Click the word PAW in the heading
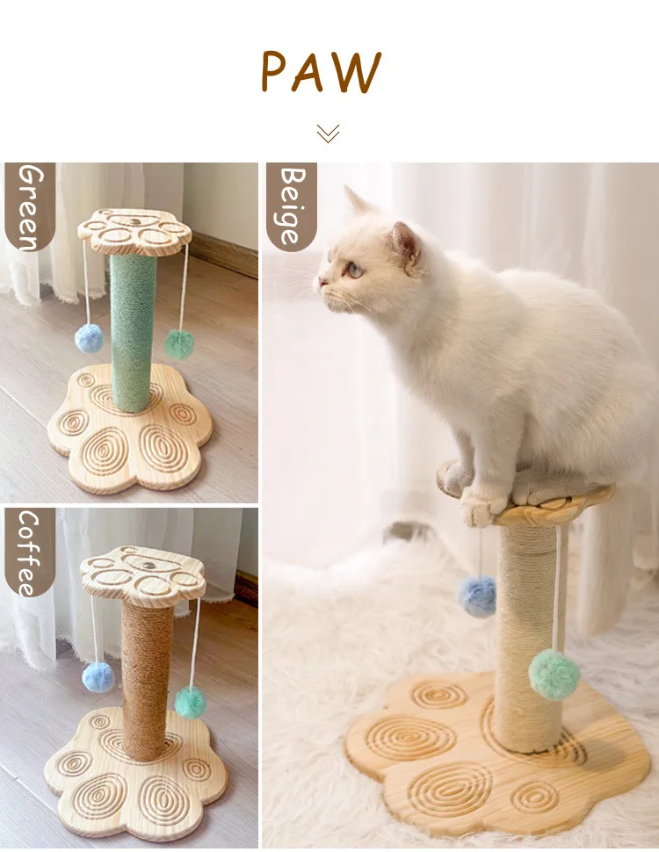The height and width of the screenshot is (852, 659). tap(321, 71)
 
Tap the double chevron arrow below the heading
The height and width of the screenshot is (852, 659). tap(328, 134)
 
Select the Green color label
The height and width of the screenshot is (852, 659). tap(30, 207)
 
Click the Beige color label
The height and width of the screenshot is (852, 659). tap(292, 207)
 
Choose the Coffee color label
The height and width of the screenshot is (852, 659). tap(30, 552)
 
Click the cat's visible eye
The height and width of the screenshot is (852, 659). tap(355, 269)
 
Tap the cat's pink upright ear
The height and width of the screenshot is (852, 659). tap(406, 244)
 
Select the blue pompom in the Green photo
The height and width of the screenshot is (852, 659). tap(89, 338)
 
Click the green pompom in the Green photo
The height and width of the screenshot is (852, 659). tap(179, 344)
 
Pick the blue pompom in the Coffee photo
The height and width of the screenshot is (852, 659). tap(98, 677)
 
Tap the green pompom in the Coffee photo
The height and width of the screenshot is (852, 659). tap(191, 702)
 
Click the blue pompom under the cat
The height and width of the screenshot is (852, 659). tap(477, 596)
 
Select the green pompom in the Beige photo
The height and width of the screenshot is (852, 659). tap(554, 675)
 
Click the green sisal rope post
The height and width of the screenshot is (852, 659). tap(134, 333)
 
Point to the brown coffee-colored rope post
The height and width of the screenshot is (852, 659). tap(147, 681)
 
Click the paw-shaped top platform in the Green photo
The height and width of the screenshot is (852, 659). tap(134, 232)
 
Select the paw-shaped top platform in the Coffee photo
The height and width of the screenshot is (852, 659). tap(143, 576)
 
